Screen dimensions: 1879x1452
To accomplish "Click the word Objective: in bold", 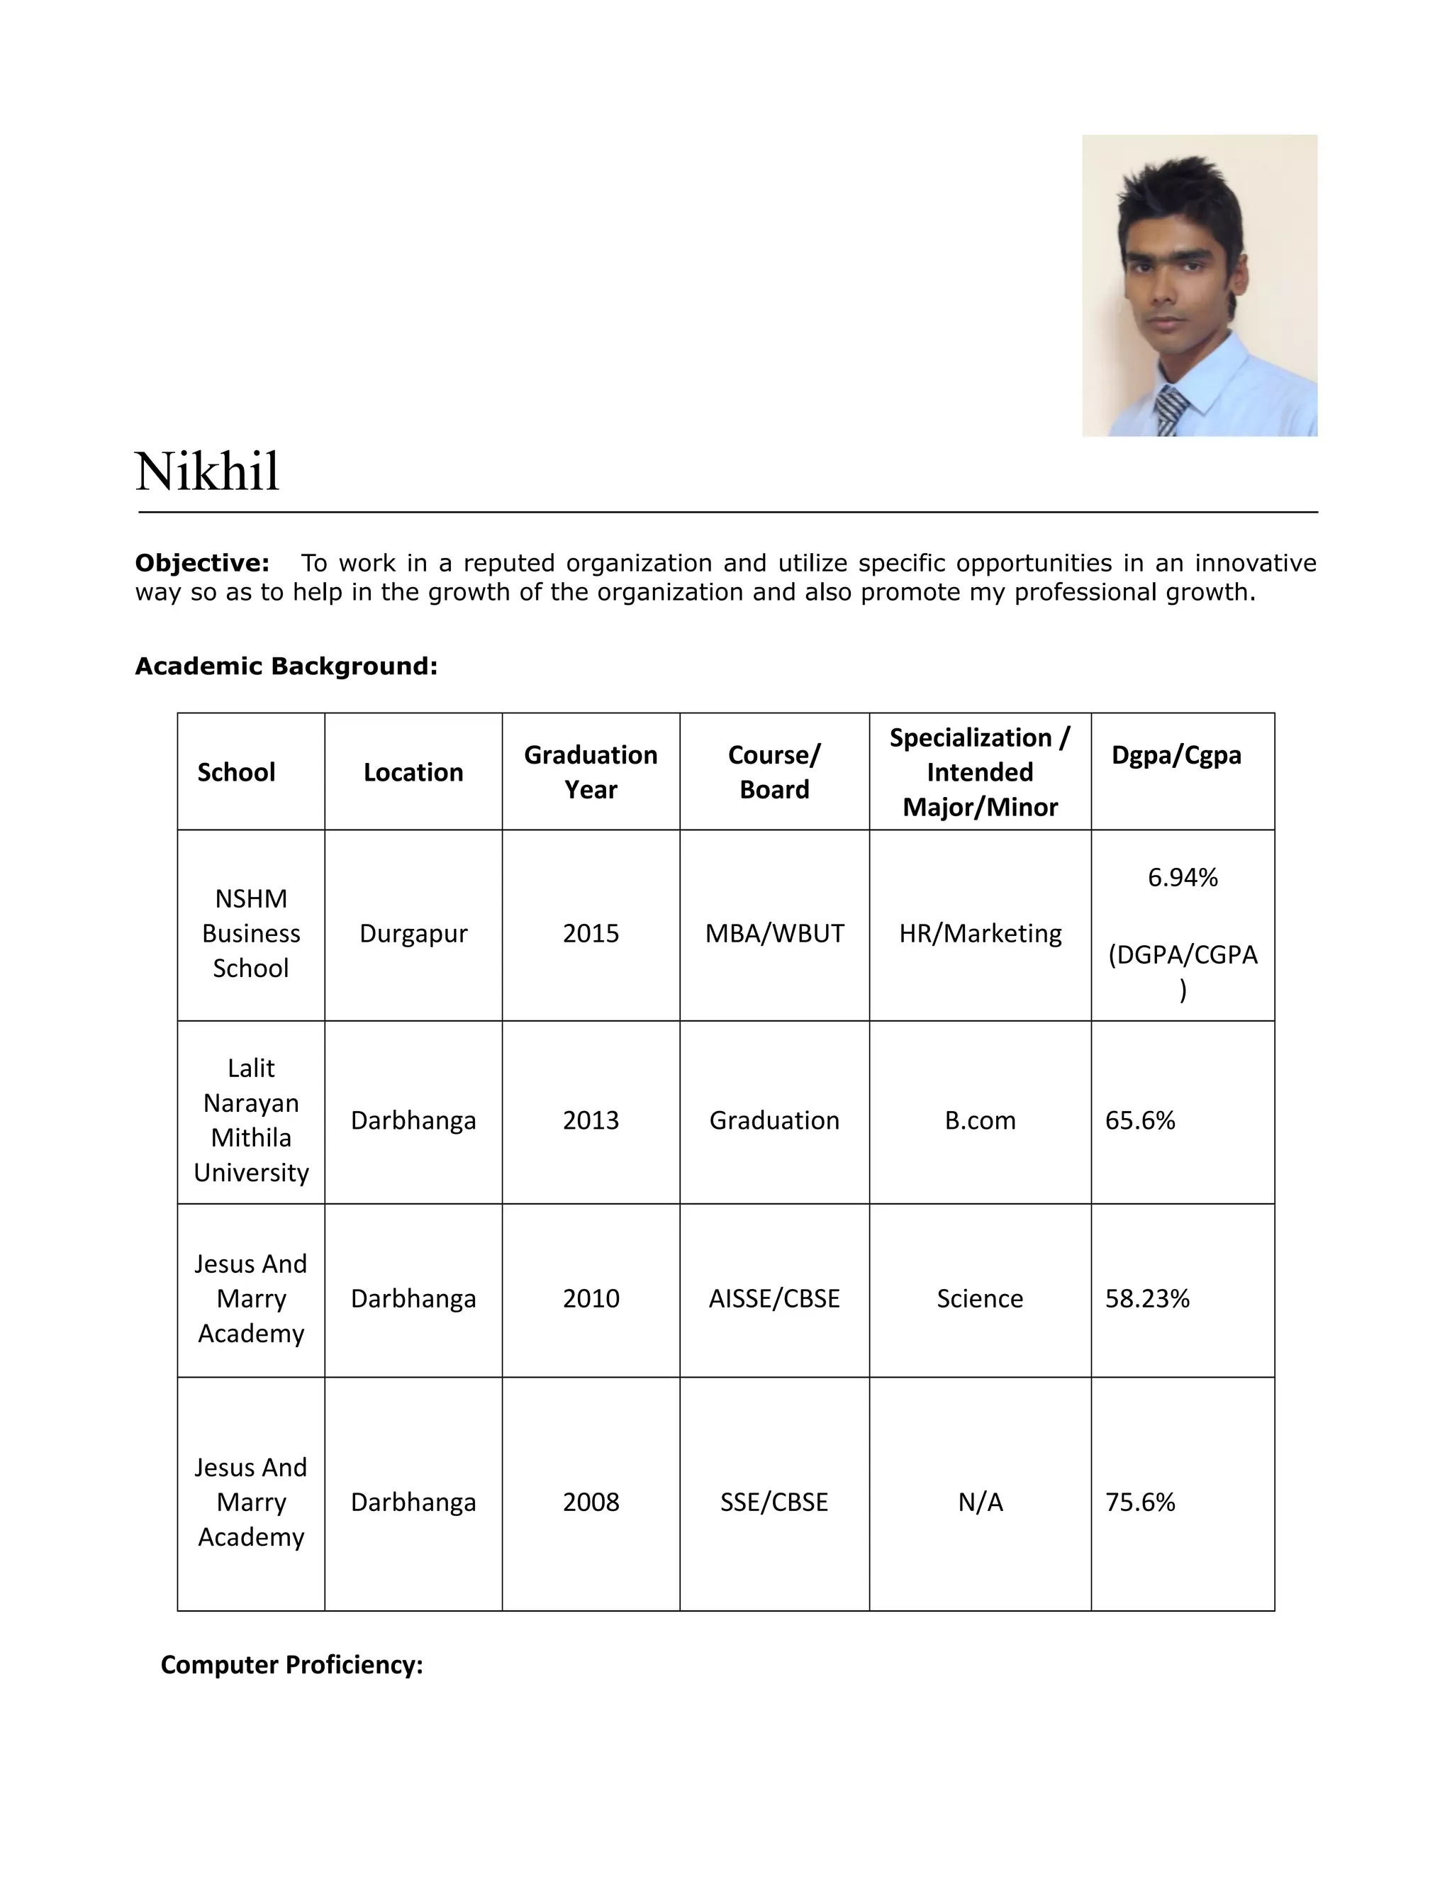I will coord(202,564).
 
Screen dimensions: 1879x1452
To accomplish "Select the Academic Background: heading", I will coord(286,666).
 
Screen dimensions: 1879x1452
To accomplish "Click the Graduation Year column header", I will coord(591,771).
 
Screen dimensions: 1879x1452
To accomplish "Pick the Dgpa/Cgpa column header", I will coord(1176,754).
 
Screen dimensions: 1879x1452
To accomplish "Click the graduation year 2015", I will coord(591,934).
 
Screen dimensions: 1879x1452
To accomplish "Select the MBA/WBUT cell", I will coord(774,934).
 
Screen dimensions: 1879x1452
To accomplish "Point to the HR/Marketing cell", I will coord(980,934).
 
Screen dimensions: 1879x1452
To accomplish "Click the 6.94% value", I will coord(1183,878).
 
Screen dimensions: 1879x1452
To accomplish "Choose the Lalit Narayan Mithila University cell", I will coord(251,1120).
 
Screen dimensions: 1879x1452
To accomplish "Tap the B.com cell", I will coord(980,1120).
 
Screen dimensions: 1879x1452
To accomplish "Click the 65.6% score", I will coord(1140,1120).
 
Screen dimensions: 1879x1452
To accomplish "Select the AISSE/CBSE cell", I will coord(774,1298).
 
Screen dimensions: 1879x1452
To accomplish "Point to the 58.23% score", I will coord(1146,1298).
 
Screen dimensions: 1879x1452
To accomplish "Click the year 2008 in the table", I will coord(591,1502).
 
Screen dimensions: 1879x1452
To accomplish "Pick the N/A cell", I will coord(980,1502).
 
